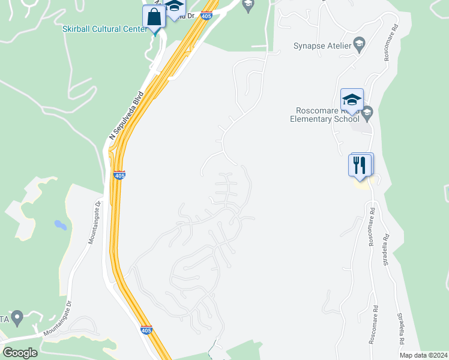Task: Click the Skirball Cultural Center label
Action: [x=102, y=28]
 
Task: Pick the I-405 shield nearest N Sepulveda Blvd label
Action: [x=119, y=175]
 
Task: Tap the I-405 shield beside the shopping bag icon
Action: [x=206, y=16]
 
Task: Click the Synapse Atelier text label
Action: [x=321, y=45]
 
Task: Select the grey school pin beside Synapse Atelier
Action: [x=359, y=44]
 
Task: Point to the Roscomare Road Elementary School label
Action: [x=327, y=115]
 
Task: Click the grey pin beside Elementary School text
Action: [x=367, y=112]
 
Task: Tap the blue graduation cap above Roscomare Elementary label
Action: [x=352, y=100]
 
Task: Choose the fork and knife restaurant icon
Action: [x=360, y=164]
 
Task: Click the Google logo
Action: [x=20, y=353]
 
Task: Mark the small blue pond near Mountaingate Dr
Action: [x=60, y=225]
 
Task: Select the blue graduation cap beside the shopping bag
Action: [x=175, y=7]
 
